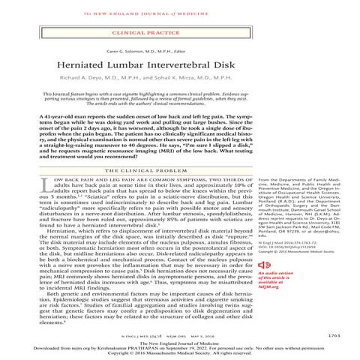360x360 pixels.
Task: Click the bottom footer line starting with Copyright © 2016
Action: coord(180,354)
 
